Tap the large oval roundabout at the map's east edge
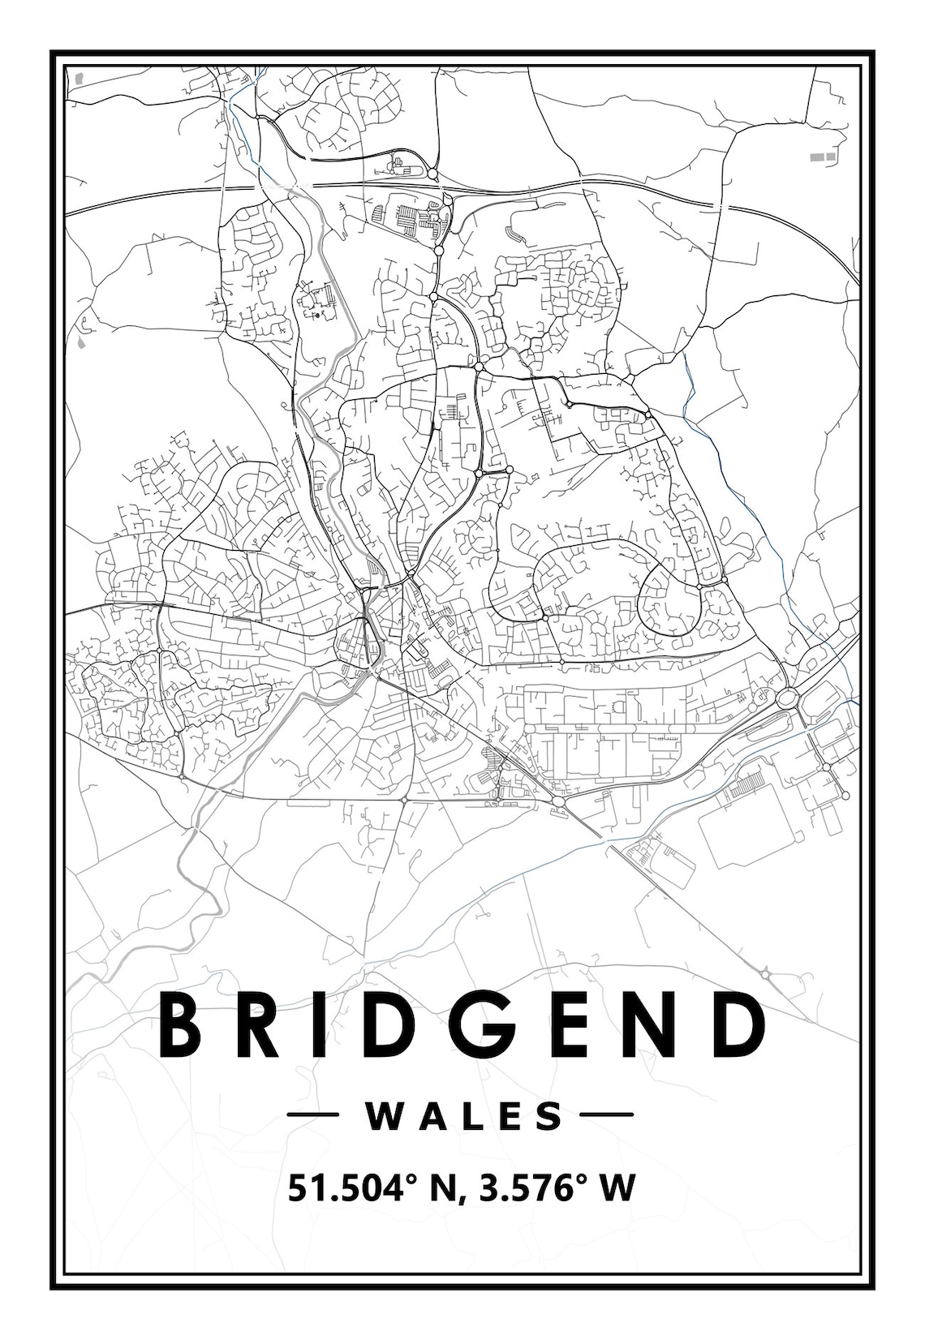click(x=787, y=697)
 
